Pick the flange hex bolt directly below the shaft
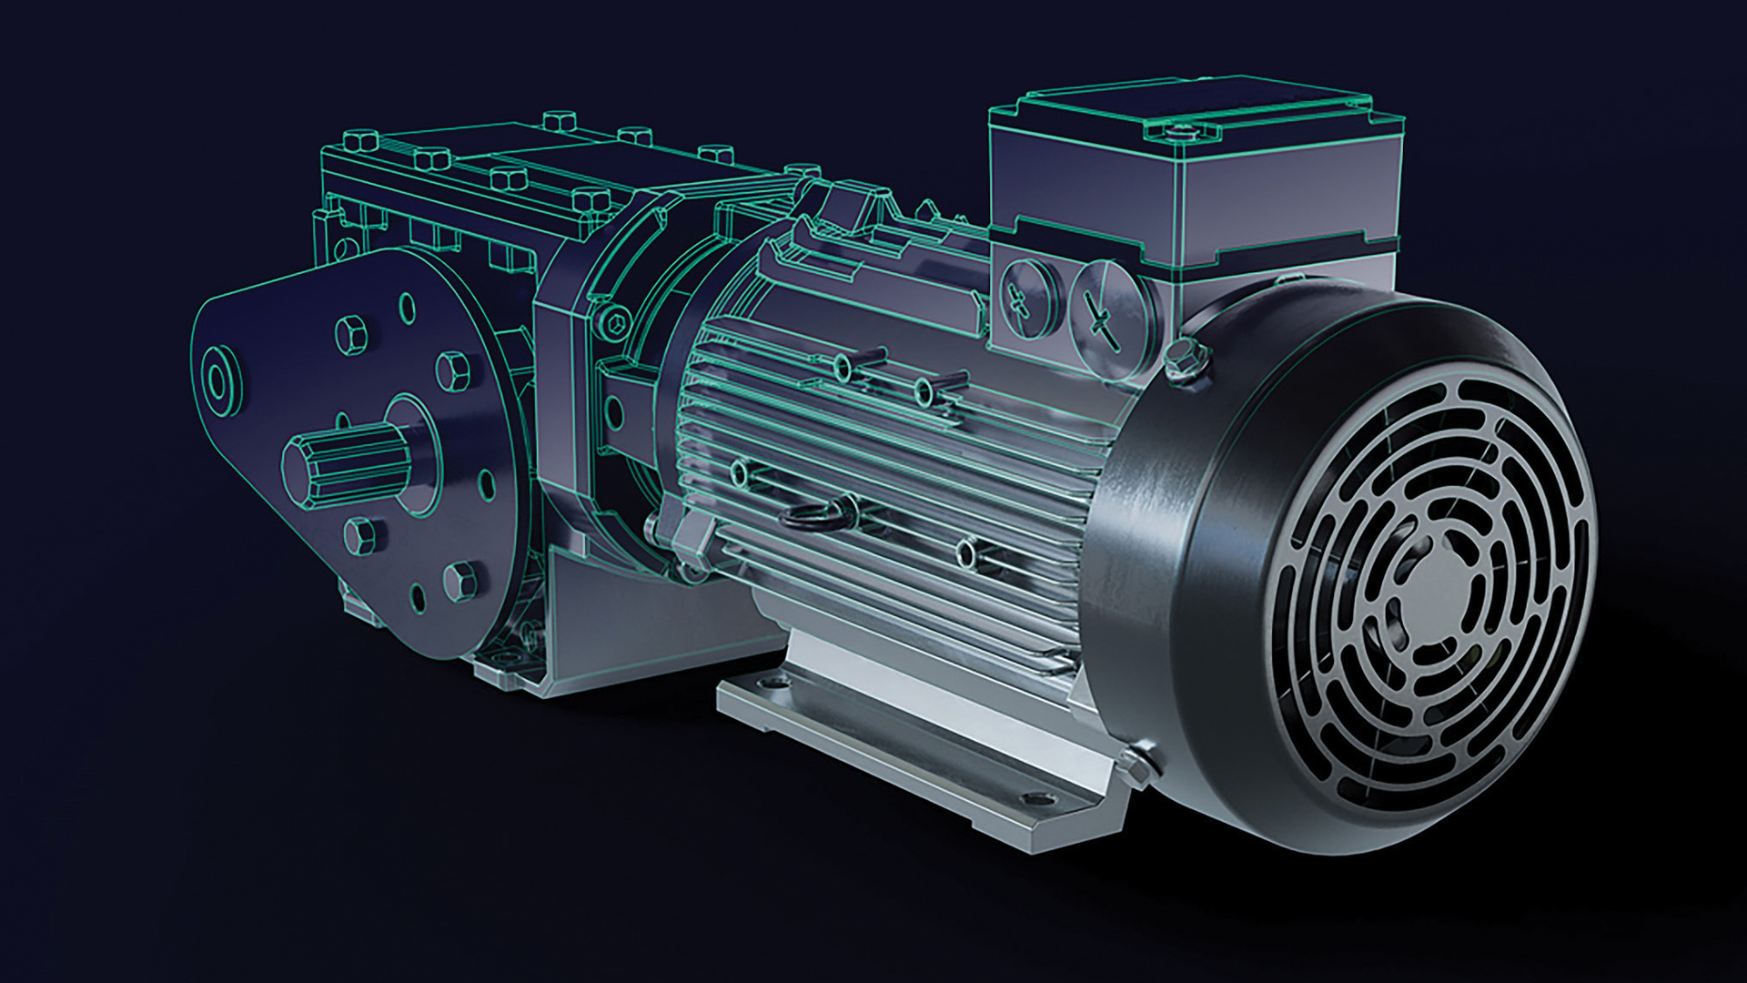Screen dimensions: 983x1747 361,532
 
